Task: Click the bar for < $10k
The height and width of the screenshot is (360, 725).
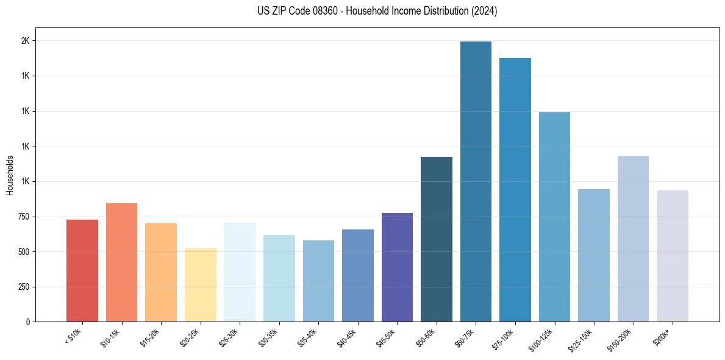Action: [x=82, y=270]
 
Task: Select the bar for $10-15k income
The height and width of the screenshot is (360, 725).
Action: [x=121, y=262]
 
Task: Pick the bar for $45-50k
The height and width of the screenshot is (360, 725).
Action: [x=397, y=267]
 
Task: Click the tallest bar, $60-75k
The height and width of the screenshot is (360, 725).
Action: [x=476, y=181]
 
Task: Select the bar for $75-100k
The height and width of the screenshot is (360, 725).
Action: [x=515, y=190]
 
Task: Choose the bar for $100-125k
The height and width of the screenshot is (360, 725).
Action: [x=554, y=217]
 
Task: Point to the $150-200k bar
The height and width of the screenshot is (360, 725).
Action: [x=633, y=239]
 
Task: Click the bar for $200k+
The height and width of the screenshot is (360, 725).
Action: [x=673, y=256]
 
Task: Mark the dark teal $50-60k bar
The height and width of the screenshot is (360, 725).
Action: [x=437, y=239]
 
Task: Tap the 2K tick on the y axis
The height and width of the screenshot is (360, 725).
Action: [x=26, y=41]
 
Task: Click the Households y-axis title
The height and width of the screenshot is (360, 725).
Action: [x=10, y=175]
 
